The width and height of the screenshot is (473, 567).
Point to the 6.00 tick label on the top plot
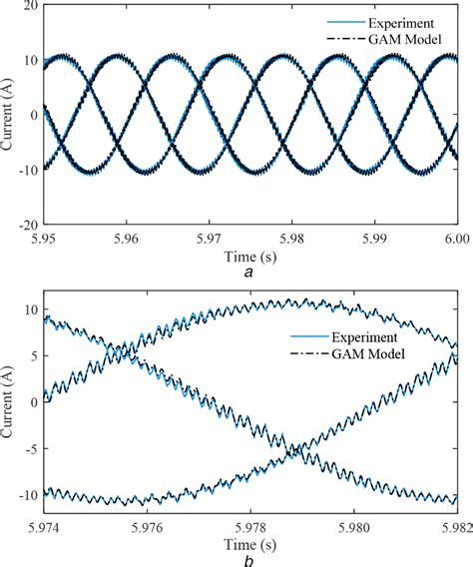(x=454, y=240)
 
